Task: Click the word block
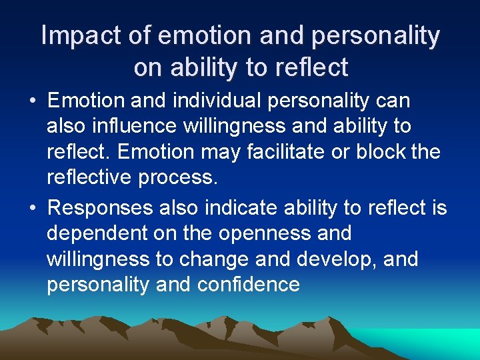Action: tap(379, 152)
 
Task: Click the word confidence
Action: tap(249, 285)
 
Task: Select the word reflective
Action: tap(97, 177)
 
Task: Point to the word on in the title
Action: tap(147, 67)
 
